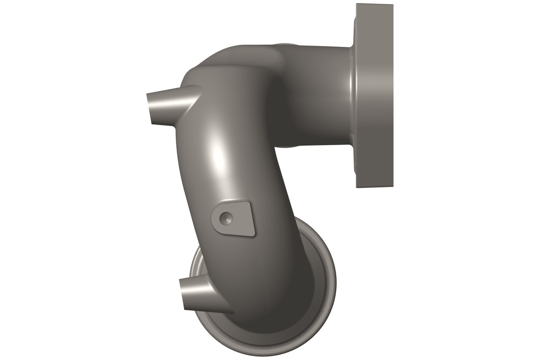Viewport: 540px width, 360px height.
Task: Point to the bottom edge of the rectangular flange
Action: coord(375,187)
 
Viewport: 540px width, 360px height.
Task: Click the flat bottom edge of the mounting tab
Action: coord(238,233)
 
